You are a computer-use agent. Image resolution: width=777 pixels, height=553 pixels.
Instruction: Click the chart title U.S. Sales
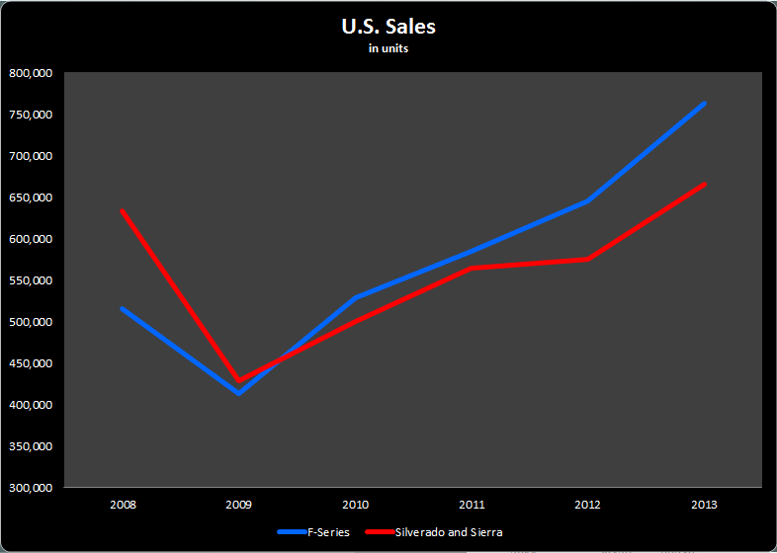click(388, 27)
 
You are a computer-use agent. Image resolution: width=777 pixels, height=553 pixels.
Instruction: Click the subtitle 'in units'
click(388, 48)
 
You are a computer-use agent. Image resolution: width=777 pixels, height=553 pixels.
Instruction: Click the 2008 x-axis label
click(123, 505)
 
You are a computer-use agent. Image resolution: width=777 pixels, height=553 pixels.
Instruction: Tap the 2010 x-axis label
click(356, 505)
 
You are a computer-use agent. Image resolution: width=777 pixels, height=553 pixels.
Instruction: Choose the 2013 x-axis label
click(705, 505)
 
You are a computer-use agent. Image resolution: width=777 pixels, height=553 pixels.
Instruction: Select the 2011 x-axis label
click(473, 505)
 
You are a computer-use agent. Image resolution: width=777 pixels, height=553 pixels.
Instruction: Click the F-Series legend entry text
click(328, 532)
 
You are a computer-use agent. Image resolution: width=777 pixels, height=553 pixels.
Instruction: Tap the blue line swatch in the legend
click(291, 532)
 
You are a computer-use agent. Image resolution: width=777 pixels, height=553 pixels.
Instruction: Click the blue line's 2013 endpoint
click(705, 103)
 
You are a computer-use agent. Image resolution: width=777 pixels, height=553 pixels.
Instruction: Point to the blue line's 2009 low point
click(238, 393)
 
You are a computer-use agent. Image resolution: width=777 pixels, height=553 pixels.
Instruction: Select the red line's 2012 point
click(588, 259)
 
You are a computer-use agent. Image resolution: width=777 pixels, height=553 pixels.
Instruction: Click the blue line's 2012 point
click(588, 200)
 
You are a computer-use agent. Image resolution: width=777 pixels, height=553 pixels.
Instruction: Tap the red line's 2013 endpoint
click(705, 184)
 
